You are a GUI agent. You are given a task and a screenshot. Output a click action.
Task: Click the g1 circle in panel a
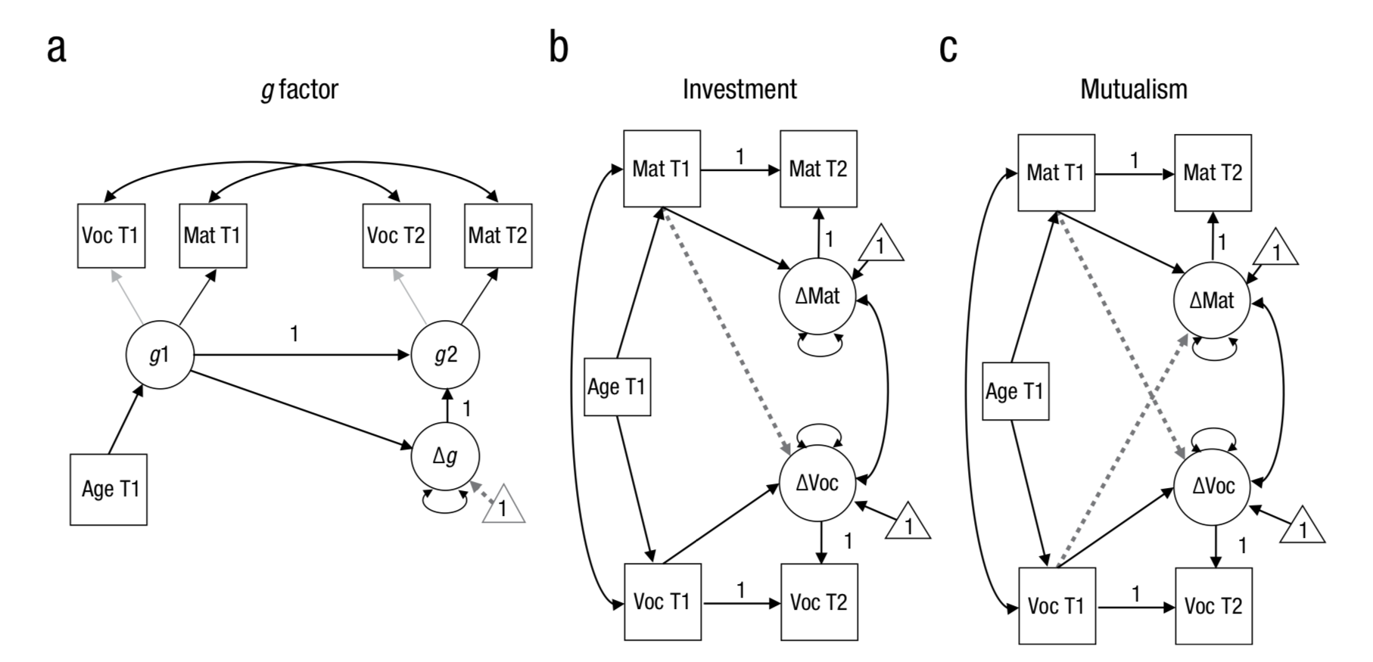160,355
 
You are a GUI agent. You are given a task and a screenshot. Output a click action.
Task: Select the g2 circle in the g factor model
445,355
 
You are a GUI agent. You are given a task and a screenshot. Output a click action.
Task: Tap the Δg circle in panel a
445,455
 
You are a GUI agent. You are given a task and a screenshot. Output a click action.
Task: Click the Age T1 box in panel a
109,490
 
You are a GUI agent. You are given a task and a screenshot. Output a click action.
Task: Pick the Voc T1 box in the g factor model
111,235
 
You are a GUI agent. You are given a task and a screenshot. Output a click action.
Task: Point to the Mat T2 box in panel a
498,235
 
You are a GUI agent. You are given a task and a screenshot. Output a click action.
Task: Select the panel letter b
559,48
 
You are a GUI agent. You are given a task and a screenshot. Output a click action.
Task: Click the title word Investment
739,89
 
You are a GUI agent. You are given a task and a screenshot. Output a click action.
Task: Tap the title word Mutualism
1133,89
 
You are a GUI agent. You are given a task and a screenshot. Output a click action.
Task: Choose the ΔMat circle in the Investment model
817,296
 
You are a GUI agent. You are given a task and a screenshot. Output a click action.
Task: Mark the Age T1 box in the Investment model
618,387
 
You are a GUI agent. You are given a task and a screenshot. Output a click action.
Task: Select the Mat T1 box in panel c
1056,172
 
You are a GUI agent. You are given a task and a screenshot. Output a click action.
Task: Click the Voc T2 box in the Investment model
819,602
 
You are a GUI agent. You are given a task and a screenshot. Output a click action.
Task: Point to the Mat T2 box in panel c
1213,172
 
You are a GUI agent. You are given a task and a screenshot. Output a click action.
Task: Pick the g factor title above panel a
300,89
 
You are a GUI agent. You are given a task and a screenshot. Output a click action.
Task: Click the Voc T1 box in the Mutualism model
1056,606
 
